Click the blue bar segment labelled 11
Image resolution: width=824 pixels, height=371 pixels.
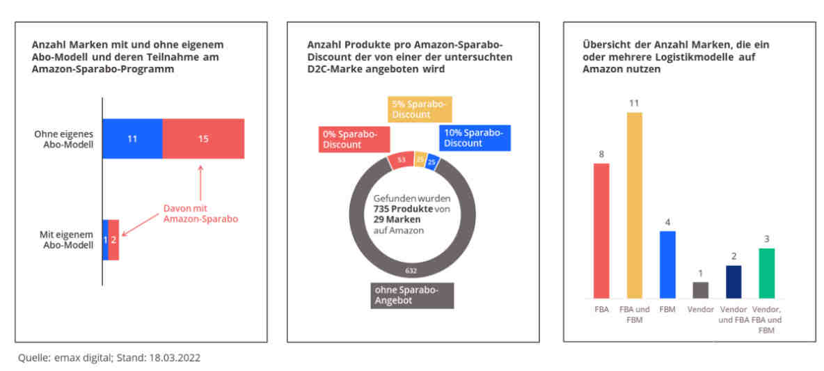click(132, 139)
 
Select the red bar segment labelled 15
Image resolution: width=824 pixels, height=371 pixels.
click(203, 139)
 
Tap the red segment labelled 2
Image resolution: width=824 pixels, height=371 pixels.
click(113, 239)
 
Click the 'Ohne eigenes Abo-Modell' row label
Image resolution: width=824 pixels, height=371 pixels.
click(68, 139)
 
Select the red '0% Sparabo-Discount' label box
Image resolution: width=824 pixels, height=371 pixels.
click(354, 139)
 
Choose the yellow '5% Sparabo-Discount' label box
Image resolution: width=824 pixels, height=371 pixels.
click(420, 109)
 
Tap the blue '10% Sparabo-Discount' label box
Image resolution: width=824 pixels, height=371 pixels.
click(475, 139)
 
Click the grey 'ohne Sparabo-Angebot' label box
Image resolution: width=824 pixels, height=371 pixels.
click(412, 296)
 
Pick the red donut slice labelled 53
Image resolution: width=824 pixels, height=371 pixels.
click(400, 160)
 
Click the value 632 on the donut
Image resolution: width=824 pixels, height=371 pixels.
click(411, 271)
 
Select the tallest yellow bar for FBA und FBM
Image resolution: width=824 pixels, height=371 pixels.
click(634, 205)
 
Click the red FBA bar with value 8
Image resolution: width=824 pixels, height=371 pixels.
click(602, 230)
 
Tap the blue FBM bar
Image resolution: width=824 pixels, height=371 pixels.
click(667, 265)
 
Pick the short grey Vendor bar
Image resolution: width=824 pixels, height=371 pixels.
click(701, 290)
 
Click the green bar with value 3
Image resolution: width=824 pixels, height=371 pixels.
click(767, 274)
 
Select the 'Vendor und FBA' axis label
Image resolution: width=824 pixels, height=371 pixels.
click(734, 314)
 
